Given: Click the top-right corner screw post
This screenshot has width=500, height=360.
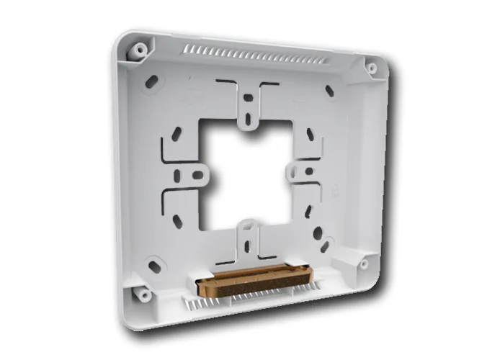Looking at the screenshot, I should point(371,68).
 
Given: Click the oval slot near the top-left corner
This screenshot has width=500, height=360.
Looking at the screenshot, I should point(151,82).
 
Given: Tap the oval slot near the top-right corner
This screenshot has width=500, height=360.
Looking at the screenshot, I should point(329,91).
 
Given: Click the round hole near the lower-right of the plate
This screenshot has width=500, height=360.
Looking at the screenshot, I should point(317,233).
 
